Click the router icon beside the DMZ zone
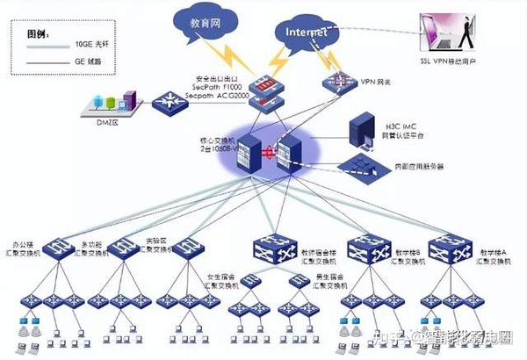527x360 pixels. tap(164, 102)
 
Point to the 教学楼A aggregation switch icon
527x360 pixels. tap(449, 248)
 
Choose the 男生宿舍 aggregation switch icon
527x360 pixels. tap(297, 281)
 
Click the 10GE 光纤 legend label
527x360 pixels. tap(92, 41)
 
